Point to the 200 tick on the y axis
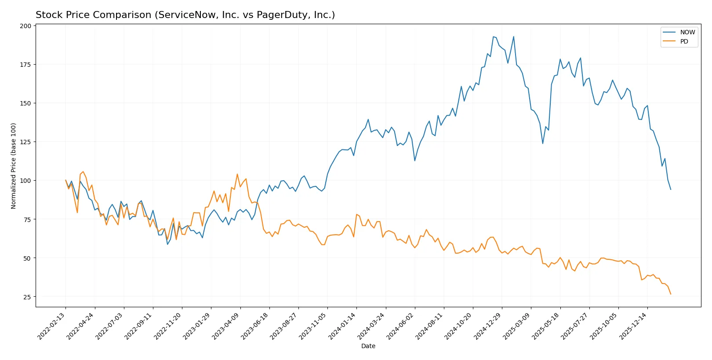25,26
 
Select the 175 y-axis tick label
25,65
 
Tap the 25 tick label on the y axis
27,297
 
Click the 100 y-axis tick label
25,181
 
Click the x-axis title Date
368,346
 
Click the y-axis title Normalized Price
13,166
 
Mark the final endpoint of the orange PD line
671,294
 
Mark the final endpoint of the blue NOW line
671,189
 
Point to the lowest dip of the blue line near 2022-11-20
167,244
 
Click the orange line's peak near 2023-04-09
237,174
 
